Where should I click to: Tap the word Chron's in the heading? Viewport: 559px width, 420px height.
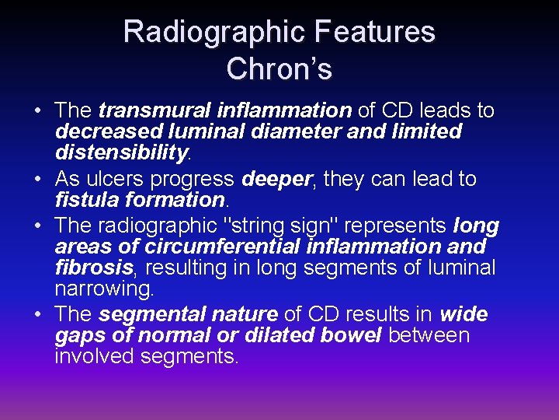click(x=279, y=69)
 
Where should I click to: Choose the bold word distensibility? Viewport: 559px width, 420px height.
click(x=121, y=154)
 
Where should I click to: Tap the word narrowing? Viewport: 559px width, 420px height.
click(x=105, y=290)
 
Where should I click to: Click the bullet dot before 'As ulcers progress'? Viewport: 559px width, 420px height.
click(x=38, y=180)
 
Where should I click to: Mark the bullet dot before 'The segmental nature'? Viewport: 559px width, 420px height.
click(x=38, y=315)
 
